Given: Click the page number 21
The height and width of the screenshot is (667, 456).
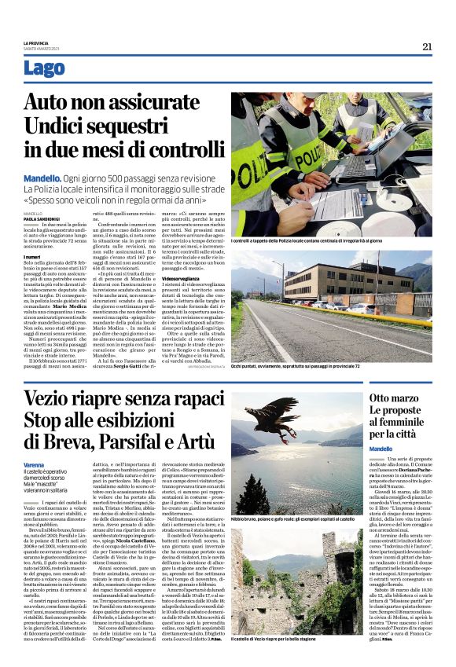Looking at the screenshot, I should (x=427, y=46).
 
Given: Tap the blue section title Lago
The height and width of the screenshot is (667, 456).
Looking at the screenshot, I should (x=44, y=68).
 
